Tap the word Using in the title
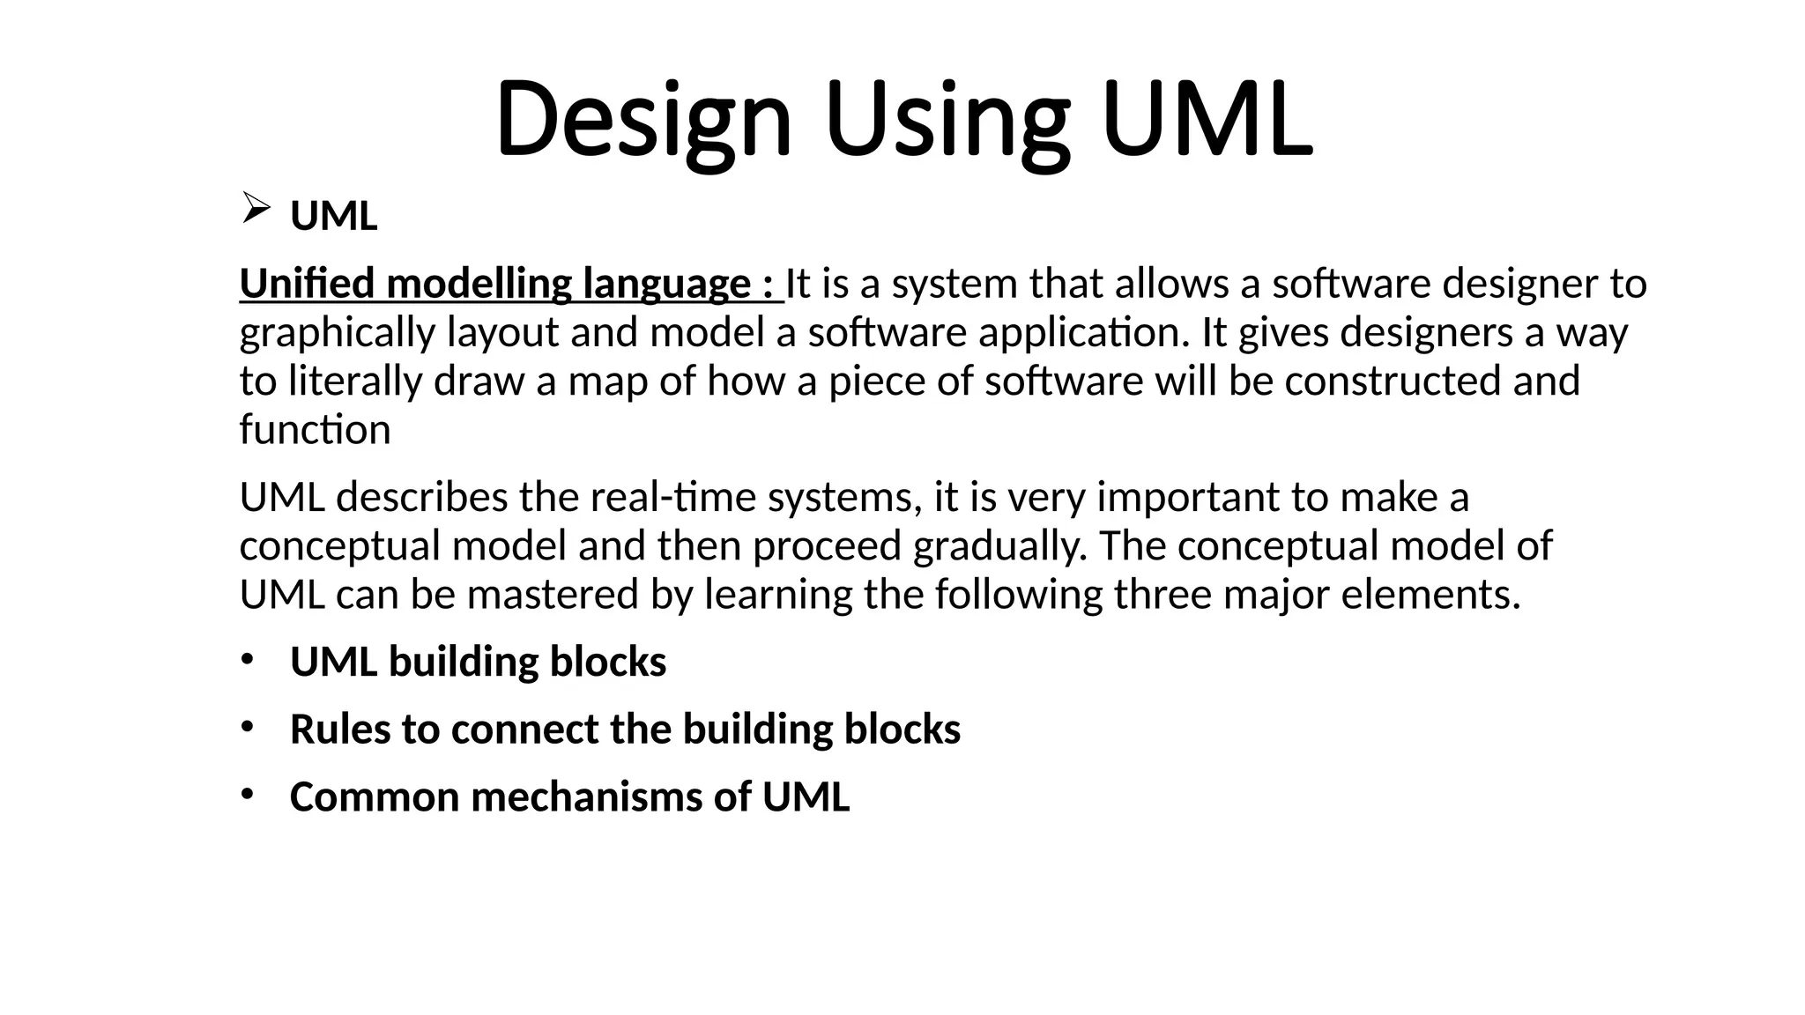pyautogui.click(x=947, y=119)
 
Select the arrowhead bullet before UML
pyautogui.click(x=255, y=209)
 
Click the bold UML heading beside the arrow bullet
pyautogui.click(x=333, y=216)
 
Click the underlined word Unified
pyautogui.click(x=308, y=284)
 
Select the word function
pyautogui.click(x=315, y=430)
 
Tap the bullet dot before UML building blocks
pyautogui.click(x=248, y=660)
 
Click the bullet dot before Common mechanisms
pyautogui.click(x=248, y=795)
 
